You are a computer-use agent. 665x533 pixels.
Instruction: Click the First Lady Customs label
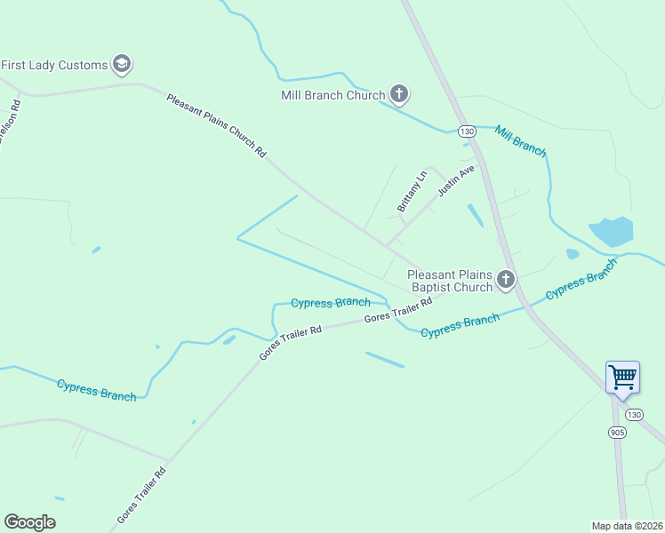point(54,65)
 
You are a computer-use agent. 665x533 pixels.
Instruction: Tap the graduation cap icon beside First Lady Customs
point(122,64)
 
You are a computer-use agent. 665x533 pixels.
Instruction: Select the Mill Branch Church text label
point(332,95)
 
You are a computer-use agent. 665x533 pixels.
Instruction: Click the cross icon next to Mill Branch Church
point(399,94)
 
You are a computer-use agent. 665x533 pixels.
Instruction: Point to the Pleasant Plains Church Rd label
point(216,125)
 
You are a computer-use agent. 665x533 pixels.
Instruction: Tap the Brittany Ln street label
point(412,189)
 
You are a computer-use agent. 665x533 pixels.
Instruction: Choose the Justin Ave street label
point(456,181)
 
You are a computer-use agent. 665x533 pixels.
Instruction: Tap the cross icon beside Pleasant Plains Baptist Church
point(506,281)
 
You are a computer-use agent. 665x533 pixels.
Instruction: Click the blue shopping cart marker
point(622,377)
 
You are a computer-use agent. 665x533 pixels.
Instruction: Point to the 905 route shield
point(617,432)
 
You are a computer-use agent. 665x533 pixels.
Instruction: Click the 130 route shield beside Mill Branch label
point(467,131)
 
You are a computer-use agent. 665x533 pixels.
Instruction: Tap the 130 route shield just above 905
point(632,415)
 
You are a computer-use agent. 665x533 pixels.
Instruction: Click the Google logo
point(29,522)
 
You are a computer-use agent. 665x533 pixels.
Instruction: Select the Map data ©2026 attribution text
point(627,525)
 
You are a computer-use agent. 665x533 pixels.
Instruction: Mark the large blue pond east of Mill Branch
point(611,231)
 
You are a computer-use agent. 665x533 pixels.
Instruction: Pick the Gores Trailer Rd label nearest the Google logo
point(141,496)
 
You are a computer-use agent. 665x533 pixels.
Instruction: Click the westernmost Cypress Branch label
point(96,389)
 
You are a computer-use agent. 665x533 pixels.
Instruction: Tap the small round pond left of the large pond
point(573,254)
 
